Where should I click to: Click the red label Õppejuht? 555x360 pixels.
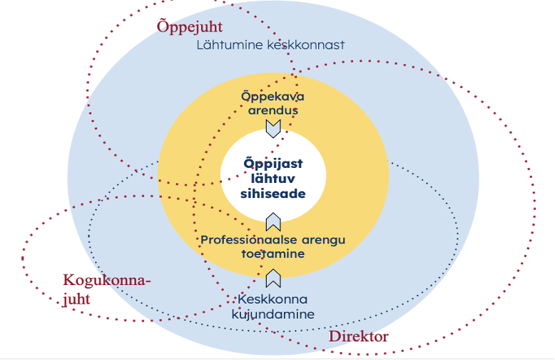tap(189, 27)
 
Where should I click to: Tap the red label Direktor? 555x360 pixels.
tap(358, 336)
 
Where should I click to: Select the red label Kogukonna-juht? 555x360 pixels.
tap(107, 289)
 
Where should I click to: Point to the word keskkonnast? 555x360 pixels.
tap(307, 45)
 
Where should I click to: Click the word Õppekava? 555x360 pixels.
tap(273, 96)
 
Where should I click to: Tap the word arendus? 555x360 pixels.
tap(273, 110)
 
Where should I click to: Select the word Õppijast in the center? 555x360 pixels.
tap(273, 163)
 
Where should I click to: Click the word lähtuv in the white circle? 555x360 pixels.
tap(273, 178)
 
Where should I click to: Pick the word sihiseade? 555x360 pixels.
tap(273, 193)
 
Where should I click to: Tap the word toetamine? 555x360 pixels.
tap(273, 253)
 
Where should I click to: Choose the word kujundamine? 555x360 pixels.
tap(273, 314)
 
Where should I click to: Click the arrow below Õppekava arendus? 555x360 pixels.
tap(273, 129)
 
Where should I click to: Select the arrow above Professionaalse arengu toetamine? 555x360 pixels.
tap(273, 221)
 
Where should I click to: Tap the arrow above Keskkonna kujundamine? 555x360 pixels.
tap(273, 279)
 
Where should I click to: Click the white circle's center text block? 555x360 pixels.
tap(273, 178)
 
